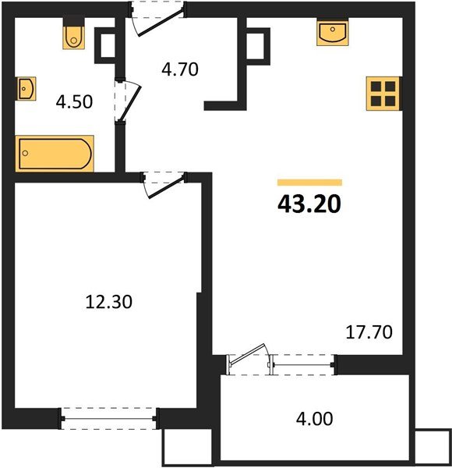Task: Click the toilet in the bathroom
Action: [73, 35]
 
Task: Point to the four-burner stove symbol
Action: [383, 94]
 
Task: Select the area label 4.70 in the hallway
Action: [180, 69]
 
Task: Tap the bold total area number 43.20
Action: [309, 204]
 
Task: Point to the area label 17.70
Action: [369, 331]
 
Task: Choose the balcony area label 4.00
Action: [314, 419]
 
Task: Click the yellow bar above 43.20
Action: [309, 183]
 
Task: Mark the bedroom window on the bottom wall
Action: [109, 419]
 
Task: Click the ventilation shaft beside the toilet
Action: [104, 48]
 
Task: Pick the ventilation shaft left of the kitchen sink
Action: [256, 48]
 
